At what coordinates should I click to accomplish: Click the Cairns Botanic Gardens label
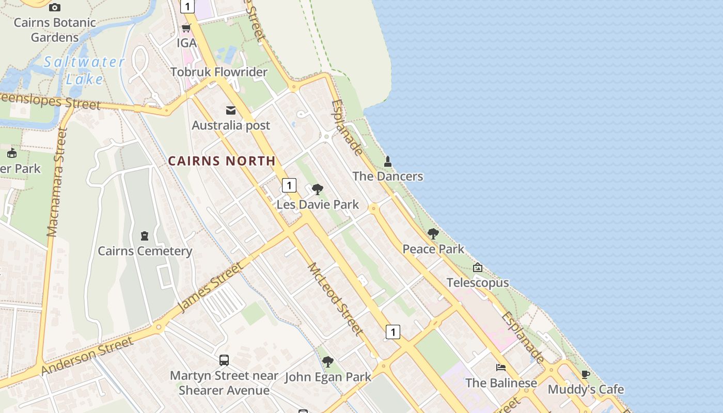click(55, 30)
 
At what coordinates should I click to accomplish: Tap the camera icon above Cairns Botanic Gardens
click(55, 7)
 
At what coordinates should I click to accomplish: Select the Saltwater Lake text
click(84, 70)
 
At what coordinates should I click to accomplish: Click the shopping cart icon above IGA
click(186, 28)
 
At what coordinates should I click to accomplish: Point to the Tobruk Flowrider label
click(219, 72)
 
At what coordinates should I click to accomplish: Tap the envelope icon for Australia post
click(231, 110)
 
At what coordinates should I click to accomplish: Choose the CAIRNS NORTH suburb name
click(222, 161)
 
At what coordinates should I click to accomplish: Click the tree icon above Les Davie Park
click(318, 189)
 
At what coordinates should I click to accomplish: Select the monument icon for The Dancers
click(388, 162)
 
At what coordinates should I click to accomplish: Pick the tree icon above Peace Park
click(433, 234)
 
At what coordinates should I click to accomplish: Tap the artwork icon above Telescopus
click(478, 267)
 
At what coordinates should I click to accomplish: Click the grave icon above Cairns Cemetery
click(145, 236)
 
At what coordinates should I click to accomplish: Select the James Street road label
click(209, 288)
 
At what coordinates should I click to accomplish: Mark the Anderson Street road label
click(87, 356)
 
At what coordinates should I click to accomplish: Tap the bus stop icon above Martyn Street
click(224, 360)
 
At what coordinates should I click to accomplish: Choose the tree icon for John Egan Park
click(327, 362)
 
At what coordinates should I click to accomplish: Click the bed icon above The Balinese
click(501, 368)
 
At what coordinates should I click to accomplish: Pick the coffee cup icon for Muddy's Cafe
click(586, 374)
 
